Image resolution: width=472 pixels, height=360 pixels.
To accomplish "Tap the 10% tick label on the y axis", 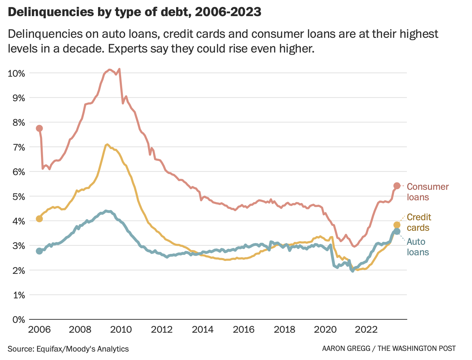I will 16,74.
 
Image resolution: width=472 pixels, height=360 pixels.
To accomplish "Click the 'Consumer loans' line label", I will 428,192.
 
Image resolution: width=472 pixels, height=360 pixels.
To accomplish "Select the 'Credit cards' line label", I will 419,222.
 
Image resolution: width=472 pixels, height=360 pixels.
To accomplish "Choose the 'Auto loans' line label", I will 417,247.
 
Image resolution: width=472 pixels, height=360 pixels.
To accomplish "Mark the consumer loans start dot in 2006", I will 39,128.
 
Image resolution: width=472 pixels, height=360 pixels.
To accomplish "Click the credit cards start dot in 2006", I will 39,219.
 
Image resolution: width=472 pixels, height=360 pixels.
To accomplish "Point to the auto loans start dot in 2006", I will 39,251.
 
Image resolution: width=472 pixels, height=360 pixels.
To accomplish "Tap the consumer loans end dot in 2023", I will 397,186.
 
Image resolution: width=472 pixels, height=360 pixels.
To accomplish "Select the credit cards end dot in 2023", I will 397,225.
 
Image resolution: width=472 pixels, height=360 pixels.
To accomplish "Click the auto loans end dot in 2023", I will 397,231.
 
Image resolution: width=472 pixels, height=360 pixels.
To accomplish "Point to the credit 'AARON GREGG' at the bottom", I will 345,349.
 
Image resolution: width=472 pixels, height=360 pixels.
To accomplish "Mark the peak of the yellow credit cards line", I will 107,144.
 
